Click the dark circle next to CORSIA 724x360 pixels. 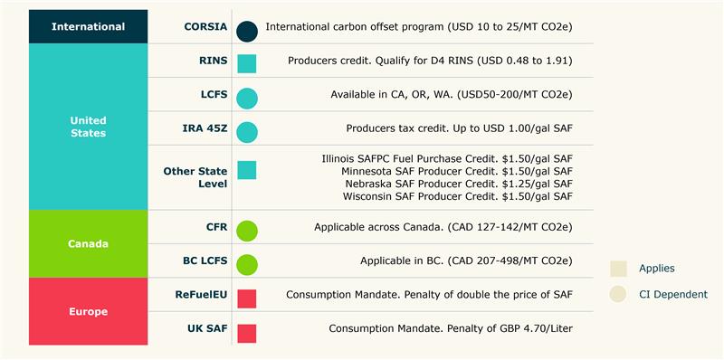coord(247,30)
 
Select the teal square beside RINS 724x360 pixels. coord(247,63)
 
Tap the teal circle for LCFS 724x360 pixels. coord(247,98)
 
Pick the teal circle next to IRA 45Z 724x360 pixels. coord(247,131)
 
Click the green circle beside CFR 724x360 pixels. coord(247,230)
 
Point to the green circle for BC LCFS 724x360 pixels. coord(247,264)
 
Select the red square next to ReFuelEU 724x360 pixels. coord(247,298)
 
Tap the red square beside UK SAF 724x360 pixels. coord(247,333)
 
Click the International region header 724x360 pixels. coord(88,27)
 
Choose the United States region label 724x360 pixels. coord(88,127)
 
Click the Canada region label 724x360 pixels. coord(88,244)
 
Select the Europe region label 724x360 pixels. coord(88,312)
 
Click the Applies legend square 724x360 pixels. coord(619,269)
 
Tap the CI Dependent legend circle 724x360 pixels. coord(619,294)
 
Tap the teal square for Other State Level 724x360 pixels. coord(247,170)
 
